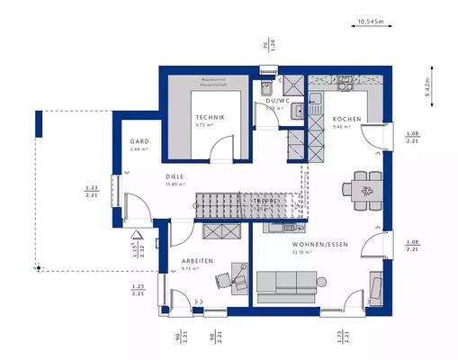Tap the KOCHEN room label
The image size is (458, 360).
point(346,120)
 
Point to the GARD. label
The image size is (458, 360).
point(139,141)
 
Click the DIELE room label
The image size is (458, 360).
point(175,176)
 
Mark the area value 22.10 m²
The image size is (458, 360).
point(301,253)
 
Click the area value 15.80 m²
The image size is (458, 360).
point(173,184)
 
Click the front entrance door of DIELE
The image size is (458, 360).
point(115,189)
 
